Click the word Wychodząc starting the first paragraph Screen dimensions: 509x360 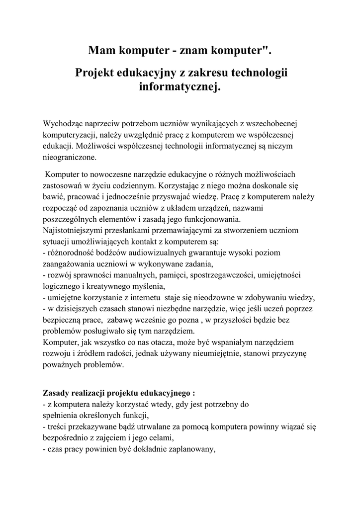click(x=65, y=123)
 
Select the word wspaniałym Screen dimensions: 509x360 click(x=231, y=342)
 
